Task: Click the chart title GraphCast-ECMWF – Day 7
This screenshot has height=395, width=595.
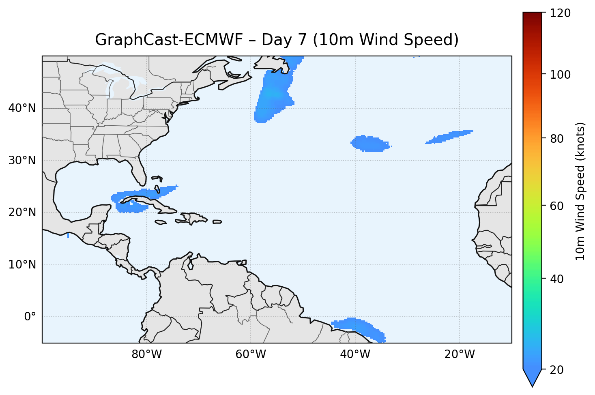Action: (277, 40)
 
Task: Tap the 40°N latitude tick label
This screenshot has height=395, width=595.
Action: (22, 108)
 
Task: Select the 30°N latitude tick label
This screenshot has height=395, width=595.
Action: (22, 161)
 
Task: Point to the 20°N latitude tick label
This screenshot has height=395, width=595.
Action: (22, 213)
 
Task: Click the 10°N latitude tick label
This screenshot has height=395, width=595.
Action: (22, 265)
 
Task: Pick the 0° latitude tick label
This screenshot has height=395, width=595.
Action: (30, 317)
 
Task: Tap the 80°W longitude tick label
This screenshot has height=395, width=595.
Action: (146, 354)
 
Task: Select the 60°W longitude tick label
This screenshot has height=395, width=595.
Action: (251, 354)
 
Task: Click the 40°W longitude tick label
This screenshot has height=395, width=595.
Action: (355, 354)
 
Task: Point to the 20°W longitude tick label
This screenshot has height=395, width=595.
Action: (459, 354)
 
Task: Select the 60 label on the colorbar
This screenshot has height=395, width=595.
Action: (560, 206)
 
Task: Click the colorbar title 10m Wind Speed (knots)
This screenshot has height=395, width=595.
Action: (580, 191)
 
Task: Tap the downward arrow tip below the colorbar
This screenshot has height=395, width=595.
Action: (532, 384)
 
